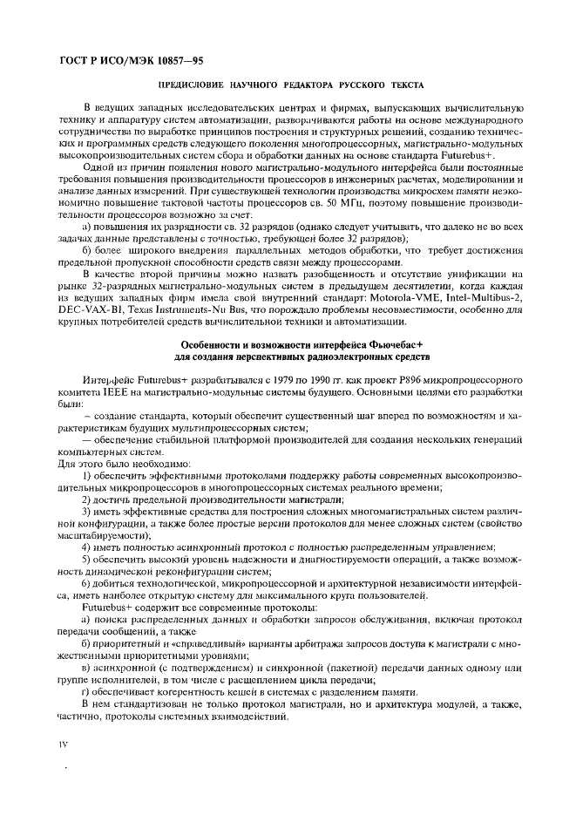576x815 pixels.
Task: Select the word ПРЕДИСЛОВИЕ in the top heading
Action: [188, 85]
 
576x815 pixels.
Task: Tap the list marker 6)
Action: [87, 582]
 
